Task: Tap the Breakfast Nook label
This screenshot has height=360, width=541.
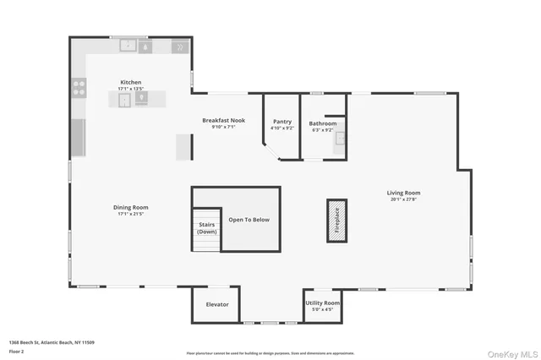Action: point(223,120)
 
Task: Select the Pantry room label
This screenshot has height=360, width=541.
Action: point(282,122)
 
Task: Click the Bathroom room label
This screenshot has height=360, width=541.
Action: point(322,123)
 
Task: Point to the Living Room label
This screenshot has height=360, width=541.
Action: point(405,193)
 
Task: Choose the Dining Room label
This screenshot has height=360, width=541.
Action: point(131,207)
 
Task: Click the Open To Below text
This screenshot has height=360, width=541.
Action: point(249,220)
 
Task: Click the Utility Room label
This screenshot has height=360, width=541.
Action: point(322,303)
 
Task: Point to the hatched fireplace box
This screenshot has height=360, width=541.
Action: point(336,221)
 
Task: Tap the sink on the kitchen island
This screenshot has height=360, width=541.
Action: point(125,99)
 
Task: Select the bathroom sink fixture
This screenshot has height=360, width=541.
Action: point(340,139)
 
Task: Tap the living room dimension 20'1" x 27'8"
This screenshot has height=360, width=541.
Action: point(405,199)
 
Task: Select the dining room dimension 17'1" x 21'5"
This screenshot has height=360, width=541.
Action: point(131,214)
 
